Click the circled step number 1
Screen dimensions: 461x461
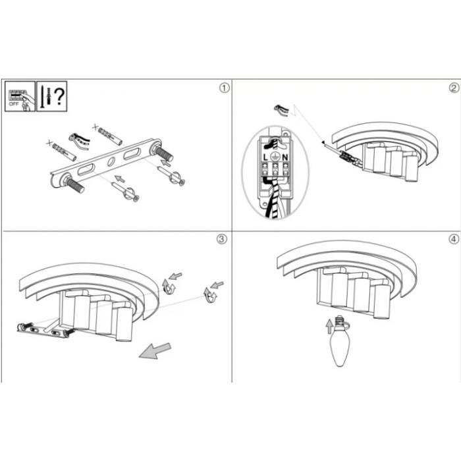pos(225,88)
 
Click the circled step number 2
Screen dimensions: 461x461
pos(454,88)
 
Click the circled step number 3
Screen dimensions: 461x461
pos(222,238)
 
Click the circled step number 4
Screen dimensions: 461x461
pos(454,238)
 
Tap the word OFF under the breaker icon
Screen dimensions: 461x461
pos(14,104)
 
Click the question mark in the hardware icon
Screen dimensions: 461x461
pos(60,96)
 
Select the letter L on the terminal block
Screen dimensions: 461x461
pos(265,157)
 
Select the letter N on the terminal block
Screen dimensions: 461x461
pos(285,157)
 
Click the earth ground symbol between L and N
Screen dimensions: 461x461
pos(275,157)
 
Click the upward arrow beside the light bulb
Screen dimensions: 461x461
pos(329,327)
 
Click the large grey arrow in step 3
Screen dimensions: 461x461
pos(155,351)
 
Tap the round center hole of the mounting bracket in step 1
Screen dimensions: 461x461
pos(111,161)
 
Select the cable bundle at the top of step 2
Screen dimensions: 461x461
pos(282,110)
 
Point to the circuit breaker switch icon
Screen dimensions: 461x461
pos(20,96)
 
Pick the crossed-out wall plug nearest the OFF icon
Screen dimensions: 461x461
pos(62,150)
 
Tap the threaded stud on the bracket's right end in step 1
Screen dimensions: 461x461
pos(163,153)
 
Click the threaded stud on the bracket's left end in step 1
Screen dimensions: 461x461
pos(74,185)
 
